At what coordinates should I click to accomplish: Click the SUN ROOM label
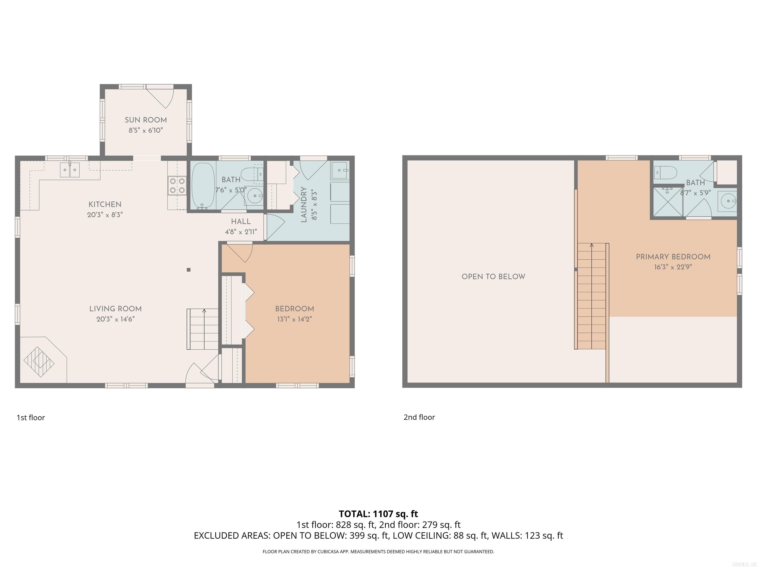145,120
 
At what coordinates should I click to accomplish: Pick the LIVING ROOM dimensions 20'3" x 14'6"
115,319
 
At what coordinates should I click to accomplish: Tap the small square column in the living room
189,270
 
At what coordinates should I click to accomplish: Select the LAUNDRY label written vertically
304,204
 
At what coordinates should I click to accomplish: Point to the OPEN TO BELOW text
493,277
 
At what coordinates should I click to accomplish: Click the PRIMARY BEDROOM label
673,257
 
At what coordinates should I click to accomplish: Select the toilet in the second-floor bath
666,173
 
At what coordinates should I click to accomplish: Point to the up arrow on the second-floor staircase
592,245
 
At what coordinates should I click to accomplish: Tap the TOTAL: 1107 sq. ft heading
378,514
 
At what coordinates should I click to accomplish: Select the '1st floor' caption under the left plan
31,417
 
